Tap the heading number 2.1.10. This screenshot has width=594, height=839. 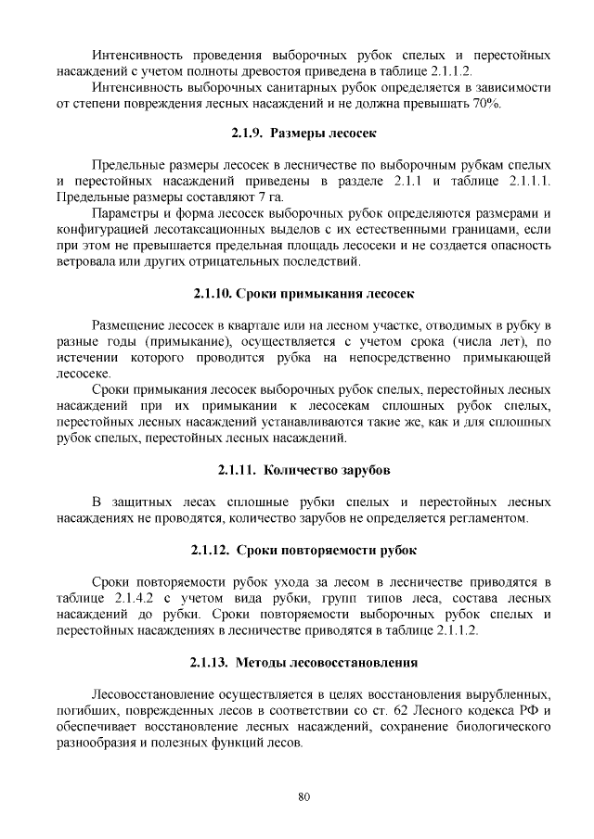click(x=213, y=294)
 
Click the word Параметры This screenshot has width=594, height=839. click(x=129, y=214)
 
